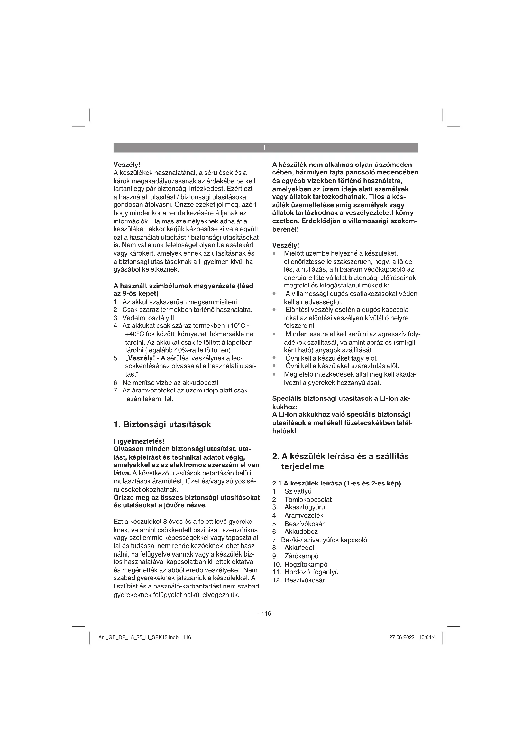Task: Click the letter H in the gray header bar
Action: (266, 147)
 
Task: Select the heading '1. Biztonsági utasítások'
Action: (162, 424)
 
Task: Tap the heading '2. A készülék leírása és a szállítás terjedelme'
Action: (341, 461)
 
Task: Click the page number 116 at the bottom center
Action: (266, 613)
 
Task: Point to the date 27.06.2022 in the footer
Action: (402, 637)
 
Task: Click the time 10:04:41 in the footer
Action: (428, 637)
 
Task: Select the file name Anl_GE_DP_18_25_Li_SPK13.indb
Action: (138, 637)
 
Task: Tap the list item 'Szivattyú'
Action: (298, 491)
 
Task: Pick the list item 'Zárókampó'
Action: (301, 556)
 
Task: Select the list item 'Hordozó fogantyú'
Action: (311, 572)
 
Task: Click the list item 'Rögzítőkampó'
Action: (306, 564)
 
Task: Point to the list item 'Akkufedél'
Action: (299, 547)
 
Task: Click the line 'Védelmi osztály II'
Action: (148, 318)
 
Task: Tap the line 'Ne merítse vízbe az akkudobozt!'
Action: (170, 382)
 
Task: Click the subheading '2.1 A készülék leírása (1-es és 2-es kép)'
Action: (336, 483)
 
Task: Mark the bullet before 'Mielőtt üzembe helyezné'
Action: (274, 253)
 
